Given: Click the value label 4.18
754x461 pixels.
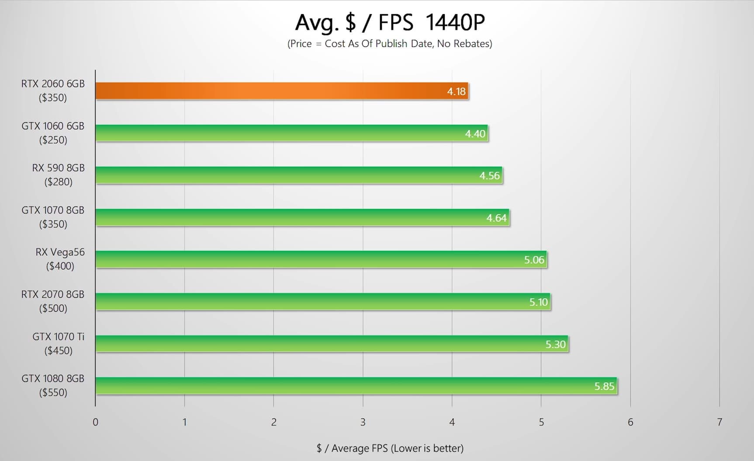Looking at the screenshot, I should tap(456, 92).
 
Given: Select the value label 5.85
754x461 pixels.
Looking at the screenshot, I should tap(604, 386).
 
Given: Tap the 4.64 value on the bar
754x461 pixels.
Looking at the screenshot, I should tap(496, 218).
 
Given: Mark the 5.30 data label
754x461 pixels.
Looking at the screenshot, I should tap(555, 344).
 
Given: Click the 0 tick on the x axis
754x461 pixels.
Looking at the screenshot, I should tap(95, 422).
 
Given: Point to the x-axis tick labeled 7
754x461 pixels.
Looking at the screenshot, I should tap(719, 422).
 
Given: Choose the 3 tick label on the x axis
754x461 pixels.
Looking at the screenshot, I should tap(363, 422).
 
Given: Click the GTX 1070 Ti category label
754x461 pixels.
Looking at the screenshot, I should tap(58, 337).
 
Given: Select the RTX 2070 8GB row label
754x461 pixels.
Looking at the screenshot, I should tap(53, 295).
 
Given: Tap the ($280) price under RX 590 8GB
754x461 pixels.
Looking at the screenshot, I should tap(58, 182).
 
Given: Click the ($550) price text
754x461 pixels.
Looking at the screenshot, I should tap(53, 392).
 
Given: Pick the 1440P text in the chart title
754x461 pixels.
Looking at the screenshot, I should tap(455, 23).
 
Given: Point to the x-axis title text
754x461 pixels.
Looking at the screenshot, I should tap(390, 448).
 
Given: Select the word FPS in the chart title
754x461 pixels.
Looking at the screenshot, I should tap(395, 23).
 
